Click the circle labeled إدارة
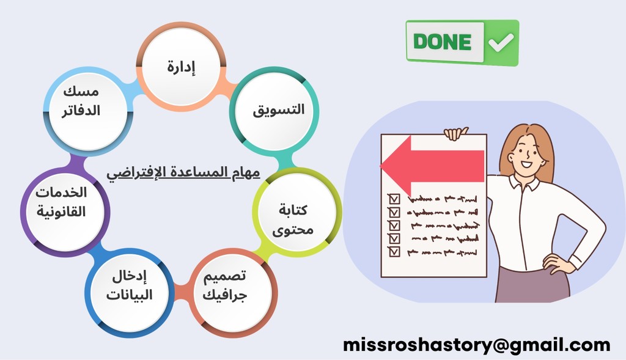point(181,67)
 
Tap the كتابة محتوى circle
point(297,212)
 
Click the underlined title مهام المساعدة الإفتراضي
point(183,173)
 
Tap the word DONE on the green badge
point(443,42)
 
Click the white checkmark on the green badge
point(501,42)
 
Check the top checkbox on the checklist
point(394,199)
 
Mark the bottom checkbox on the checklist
point(394,252)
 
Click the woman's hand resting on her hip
point(555,264)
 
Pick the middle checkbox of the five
point(394,226)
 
